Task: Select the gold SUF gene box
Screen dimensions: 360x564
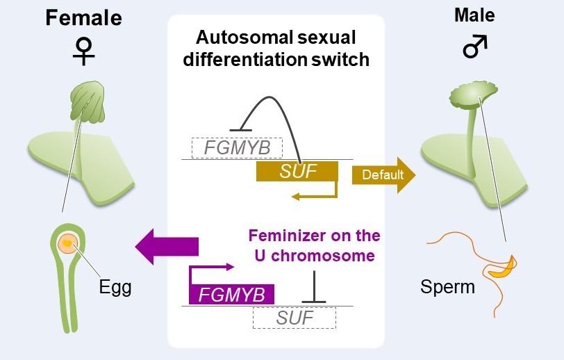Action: [297, 172]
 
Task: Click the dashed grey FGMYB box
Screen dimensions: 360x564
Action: [237, 148]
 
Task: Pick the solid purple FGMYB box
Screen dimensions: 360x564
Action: [232, 295]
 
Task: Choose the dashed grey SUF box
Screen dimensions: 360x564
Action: [294, 318]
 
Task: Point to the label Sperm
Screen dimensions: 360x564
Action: [448, 286]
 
